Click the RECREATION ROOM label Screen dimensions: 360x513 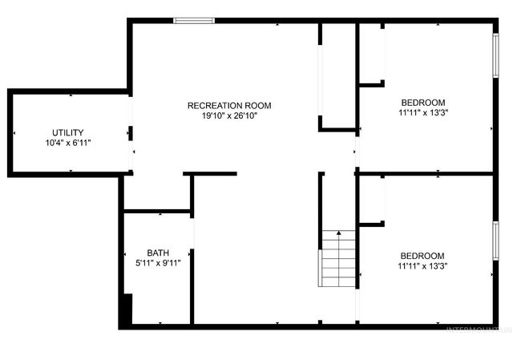tap(229, 105)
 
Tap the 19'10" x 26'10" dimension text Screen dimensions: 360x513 tap(229, 115)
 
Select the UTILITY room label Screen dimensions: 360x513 tap(68, 132)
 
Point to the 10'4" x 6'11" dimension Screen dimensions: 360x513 tap(68, 143)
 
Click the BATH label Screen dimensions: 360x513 tap(158, 252)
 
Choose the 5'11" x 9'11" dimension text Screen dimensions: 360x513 tap(158, 262)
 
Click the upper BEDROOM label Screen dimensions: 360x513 tap(422, 103)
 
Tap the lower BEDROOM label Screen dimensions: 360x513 tap(422, 256)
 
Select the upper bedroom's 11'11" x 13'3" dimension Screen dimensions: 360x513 tap(422, 113)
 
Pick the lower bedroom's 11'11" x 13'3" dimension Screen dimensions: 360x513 tap(422, 266)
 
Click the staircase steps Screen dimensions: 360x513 tap(338, 261)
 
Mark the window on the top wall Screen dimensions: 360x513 tap(194, 20)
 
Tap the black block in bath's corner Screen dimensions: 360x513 tap(125, 311)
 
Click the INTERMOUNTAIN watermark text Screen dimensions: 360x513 tap(478, 329)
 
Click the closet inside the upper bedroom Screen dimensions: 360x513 tap(371, 53)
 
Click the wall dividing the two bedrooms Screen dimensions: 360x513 tap(425, 172)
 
